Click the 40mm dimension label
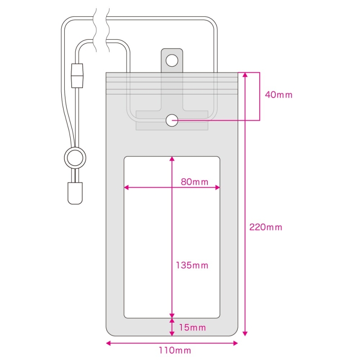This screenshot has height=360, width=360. pyautogui.click(x=279, y=95)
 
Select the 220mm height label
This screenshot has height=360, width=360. pyautogui.click(x=265, y=227)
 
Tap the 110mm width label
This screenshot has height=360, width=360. pyautogui.click(x=175, y=351)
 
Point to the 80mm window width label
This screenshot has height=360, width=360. pyautogui.click(x=194, y=182)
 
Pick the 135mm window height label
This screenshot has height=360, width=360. pyautogui.click(x=192, y=265)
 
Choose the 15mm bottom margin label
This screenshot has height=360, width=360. pyautogui.click(x=192, y=328)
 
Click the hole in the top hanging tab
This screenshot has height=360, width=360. pyautogui.click(x=172, y=61)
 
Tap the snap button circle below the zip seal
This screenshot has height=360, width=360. pyautogui.click(x=172, y=120)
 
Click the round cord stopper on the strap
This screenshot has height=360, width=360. pyautogui.click(x=75, y=158)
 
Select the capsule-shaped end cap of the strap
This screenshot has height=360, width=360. pyautogui.click(x=75, y=193)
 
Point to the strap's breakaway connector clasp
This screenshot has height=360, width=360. pyautogui.click(x=77, y=76)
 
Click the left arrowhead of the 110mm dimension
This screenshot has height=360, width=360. pyautogui.click(x=108, y=343)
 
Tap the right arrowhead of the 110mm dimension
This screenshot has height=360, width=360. pyautogui.click(x=235, y=343)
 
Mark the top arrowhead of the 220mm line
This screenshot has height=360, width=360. pyautogui.click(x=245, y=75)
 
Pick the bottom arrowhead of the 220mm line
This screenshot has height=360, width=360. pyautogui.click(x=245, y=333)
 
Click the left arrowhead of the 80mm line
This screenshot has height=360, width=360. pyautogui.click(x=126, y=188)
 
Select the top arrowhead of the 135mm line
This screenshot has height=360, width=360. pyautogui.click(x=172, y=159)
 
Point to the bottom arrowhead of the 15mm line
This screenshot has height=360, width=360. pyautogui.click(x=172, y=333)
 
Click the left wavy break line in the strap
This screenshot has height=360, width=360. pyautogui.click(x=94, y=30)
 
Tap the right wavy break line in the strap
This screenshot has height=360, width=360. pyautogui.click(x=108, y=30)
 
